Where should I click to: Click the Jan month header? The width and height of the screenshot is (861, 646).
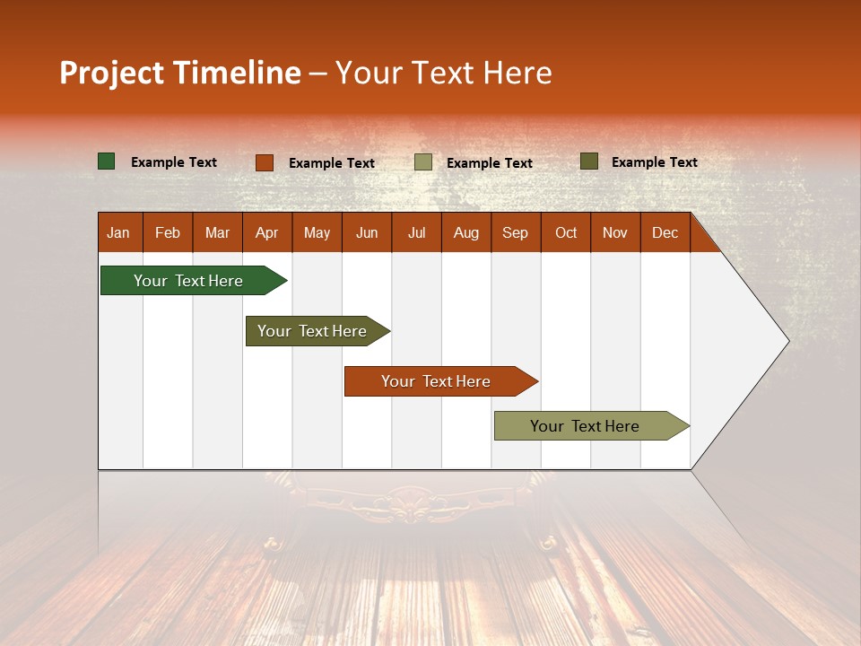118,233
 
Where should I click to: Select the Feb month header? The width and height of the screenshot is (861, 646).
168,233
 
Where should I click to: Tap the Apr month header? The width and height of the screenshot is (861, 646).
266,233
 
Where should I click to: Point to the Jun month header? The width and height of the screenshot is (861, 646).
367,233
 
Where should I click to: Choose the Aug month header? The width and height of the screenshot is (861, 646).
465,233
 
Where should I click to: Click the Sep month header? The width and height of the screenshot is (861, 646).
515,233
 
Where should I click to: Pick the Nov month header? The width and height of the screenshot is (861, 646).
614,233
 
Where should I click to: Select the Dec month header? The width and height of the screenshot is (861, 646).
665,233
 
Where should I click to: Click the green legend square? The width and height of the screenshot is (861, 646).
107,161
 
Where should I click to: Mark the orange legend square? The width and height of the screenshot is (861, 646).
265,162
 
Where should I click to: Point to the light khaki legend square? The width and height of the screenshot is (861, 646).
423,162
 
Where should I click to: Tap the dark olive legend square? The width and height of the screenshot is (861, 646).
589,161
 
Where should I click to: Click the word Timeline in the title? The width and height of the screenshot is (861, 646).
237,73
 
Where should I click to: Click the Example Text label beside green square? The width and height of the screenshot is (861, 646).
174,162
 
